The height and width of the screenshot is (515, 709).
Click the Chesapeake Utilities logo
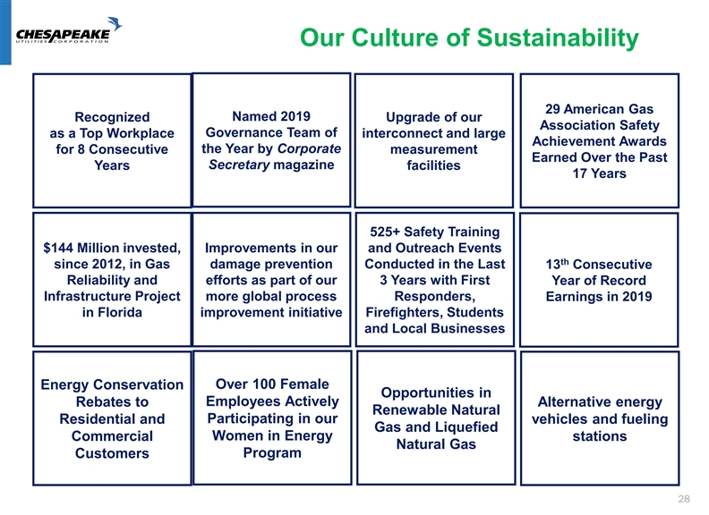(69, 30)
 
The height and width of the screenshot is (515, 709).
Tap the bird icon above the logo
(115, 23)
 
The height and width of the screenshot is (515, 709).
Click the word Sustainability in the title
(558, 38)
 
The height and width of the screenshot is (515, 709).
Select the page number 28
(684, 499)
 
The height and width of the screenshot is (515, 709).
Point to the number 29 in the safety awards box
(552, 109)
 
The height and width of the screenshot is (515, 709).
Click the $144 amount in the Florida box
(58, 248)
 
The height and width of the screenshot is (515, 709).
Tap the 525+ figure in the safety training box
(385, 232)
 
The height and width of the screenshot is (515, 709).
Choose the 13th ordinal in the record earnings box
(557, 264)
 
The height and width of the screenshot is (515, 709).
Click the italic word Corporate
(309, 148)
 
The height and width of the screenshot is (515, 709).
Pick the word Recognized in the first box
(112, 117)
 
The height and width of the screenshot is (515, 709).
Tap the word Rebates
(112, 401)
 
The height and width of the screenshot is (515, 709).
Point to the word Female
(303, 384)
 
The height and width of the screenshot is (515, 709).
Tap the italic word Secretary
(239, 165)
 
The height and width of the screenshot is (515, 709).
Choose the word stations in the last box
(600, 436)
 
